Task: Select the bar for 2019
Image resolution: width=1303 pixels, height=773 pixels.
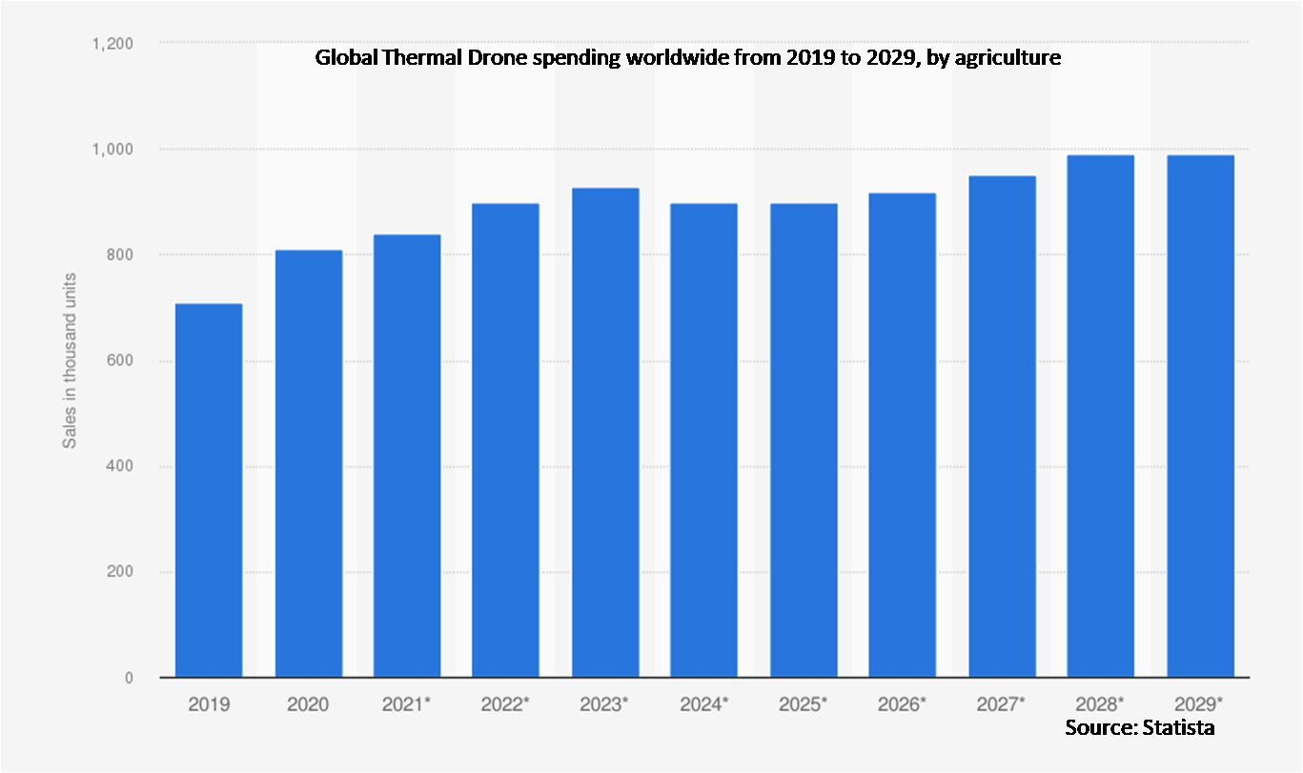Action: tap(209, 491)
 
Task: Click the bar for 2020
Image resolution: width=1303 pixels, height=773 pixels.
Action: tap(308, 464)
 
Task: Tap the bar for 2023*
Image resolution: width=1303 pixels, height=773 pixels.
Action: tap(605, 433)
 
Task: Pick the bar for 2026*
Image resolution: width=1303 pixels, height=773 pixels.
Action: tap(903, 436)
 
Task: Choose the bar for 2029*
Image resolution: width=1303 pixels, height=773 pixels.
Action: tap(1200, 417)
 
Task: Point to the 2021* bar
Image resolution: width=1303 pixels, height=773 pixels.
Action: tap(407, 457)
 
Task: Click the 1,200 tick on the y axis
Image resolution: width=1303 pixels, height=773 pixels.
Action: tap(112, 44)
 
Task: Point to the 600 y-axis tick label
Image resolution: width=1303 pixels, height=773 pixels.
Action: tap(120, 361)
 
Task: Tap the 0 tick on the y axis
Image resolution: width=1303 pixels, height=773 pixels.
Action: tap(127, 679)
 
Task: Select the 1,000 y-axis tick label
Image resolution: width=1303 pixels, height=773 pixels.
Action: tap(112, 150)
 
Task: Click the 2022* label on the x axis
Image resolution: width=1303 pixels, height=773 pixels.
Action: tap(505, 705)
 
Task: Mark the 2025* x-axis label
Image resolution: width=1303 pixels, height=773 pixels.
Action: tap(804, 705)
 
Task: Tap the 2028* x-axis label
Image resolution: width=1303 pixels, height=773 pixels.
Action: tap(1101, 705)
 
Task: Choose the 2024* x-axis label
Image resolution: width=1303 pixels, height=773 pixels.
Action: tap(704, 705)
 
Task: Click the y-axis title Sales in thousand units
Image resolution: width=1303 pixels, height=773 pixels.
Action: tap(70, 361)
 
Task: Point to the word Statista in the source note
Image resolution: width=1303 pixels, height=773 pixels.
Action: tap(1180, 729)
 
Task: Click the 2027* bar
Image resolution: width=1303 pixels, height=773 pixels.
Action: tap(1002, 427)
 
